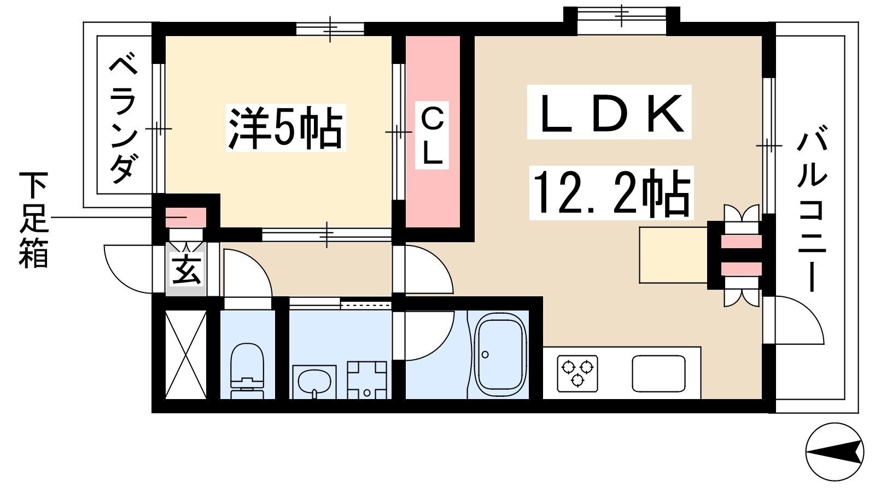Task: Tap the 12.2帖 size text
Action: coord(611,192)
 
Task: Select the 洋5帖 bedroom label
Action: coord(285,128)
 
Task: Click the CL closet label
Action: coord(432,134)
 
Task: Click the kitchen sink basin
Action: coord(658,374)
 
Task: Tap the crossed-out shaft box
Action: coord(186,354)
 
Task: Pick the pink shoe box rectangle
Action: coord(186,217)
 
